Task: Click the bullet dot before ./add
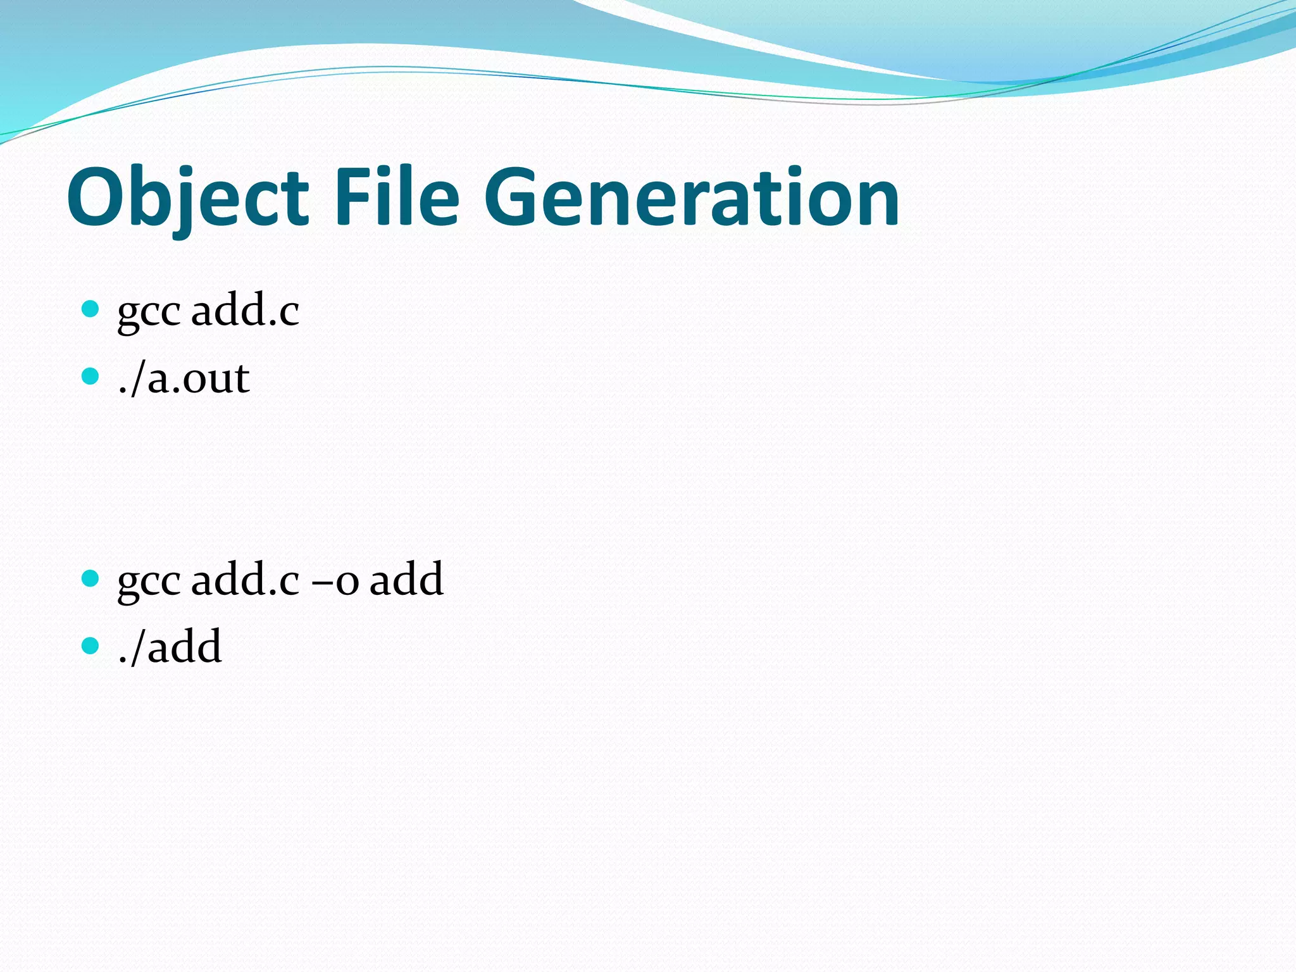(x=91, y=646)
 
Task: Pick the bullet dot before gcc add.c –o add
(x=91, y=578)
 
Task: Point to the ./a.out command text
(x=184, y=378)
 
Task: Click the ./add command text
(x=170, y=647)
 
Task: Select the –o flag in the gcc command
(x=335, y=580)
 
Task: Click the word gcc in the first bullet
(x=149, y=313)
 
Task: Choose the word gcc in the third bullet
(x=149, y=582)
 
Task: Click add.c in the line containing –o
(x=245, y=579)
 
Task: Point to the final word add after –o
(x=406, y=579)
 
